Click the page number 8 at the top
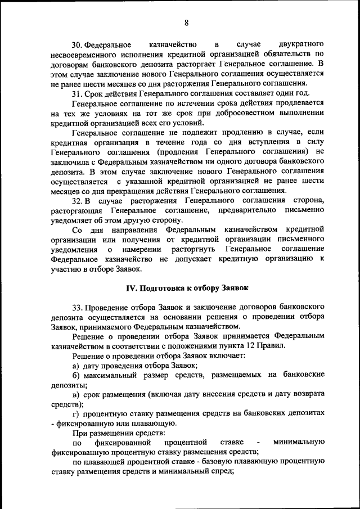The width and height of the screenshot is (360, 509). (186, 23)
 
